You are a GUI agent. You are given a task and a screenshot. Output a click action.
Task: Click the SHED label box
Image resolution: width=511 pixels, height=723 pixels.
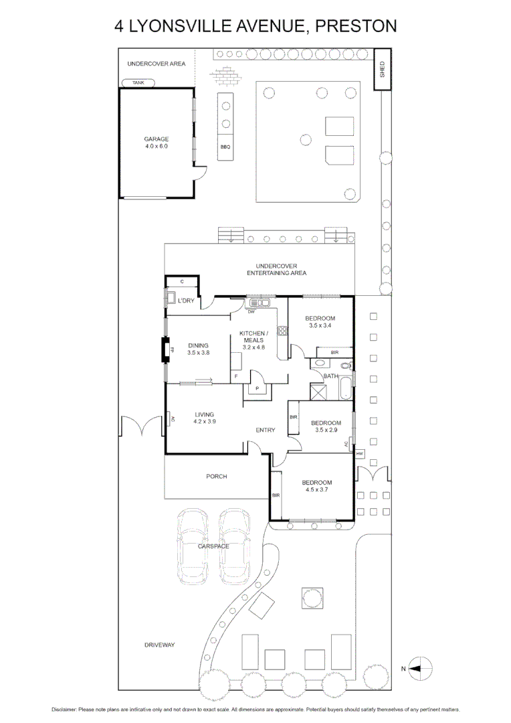coord(382,70)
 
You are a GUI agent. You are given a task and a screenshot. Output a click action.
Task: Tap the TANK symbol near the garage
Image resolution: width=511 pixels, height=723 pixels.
coord(138,83)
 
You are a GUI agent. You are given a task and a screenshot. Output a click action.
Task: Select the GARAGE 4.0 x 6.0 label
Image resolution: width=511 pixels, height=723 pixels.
coord(157,143)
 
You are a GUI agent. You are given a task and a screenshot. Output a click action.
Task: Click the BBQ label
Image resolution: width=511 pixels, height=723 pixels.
coord(225,147)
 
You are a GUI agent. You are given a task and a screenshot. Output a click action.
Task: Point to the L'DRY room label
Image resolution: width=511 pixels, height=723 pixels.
coord(186,301)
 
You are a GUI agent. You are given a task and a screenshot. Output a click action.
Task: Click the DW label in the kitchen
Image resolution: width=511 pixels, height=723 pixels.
coord(251,312)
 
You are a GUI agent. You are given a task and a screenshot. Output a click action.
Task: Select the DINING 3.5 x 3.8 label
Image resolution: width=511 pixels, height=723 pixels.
coord(199,349)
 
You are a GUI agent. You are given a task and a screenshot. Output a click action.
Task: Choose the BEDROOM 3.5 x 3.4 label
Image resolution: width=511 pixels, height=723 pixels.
coord(320,322)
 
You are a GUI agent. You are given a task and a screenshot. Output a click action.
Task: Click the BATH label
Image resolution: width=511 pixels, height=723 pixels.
coord(330,376)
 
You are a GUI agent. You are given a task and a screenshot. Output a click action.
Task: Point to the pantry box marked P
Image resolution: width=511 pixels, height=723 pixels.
coord(257,389)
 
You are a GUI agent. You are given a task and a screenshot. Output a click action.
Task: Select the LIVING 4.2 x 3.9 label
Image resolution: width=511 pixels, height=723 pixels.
coord(204,418)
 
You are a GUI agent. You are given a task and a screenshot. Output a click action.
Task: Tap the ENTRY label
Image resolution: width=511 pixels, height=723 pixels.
coord(266,430)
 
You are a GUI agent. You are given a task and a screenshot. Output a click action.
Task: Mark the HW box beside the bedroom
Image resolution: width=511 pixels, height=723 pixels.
coord(359,453)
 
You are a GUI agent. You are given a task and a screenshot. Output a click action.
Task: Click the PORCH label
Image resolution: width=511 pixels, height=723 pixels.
coord(217,477)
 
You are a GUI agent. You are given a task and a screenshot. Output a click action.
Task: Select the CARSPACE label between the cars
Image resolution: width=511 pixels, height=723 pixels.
coord(213,546)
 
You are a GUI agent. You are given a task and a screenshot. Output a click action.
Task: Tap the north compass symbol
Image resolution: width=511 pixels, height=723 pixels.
coord(421,668)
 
